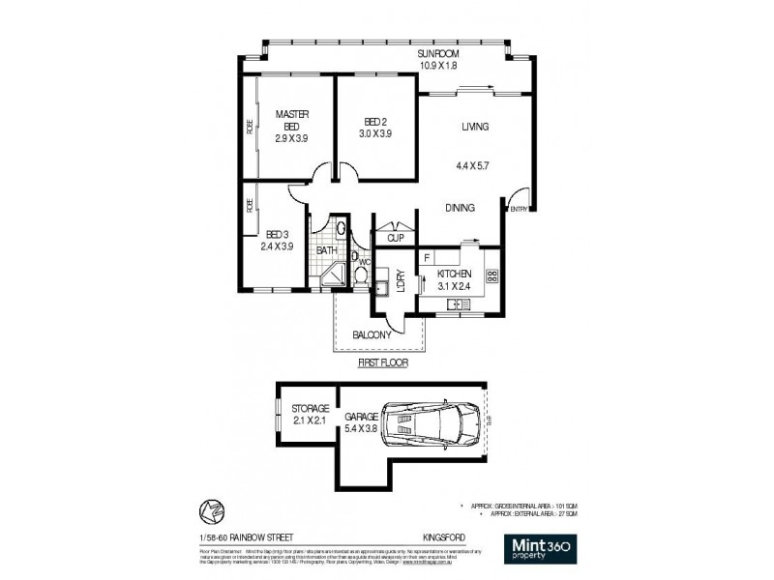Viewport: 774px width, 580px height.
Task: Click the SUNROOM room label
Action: click(436, 55)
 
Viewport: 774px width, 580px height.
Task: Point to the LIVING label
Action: click(474, 128)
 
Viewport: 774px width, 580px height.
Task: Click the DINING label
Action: click(460, 207)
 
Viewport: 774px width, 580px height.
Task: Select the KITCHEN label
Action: click(453, 274)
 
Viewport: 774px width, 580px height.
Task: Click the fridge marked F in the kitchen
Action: click(427, 259)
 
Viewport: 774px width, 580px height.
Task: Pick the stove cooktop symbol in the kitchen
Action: click(491, 277)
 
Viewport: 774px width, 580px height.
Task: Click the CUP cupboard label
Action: click(395, 238)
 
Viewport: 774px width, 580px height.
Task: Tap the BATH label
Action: click(327, 250)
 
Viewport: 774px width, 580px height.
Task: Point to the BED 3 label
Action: click(276, 234)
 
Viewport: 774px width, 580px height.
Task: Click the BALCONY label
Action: click(372, 334)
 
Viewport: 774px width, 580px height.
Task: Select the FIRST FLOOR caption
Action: click(383, 363)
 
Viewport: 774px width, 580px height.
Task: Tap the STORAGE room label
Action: click(312, 409)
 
